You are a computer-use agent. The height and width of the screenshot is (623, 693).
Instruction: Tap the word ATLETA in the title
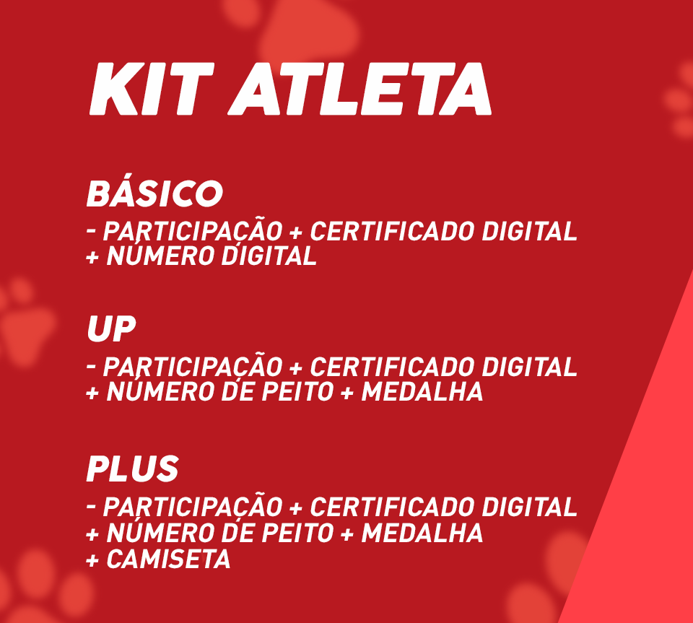[359, 89]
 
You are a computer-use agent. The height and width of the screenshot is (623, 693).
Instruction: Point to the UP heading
[111, 328]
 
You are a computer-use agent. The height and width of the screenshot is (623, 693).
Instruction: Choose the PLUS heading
[132, 469]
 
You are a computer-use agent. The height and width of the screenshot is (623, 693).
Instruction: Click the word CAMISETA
[168, 559]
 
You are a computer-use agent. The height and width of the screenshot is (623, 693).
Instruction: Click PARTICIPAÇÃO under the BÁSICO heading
[193, 230]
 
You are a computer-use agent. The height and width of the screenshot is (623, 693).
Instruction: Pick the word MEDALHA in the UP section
[422, 391]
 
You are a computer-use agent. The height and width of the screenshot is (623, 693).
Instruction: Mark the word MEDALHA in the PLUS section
[422, 533]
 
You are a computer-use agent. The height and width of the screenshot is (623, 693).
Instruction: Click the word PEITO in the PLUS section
[297, 533]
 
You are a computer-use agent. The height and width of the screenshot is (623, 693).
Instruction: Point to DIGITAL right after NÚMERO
[269, 255]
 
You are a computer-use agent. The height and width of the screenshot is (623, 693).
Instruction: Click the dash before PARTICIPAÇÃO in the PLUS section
[92, 505]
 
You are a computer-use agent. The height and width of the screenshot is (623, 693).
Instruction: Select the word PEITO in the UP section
[297, 391]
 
